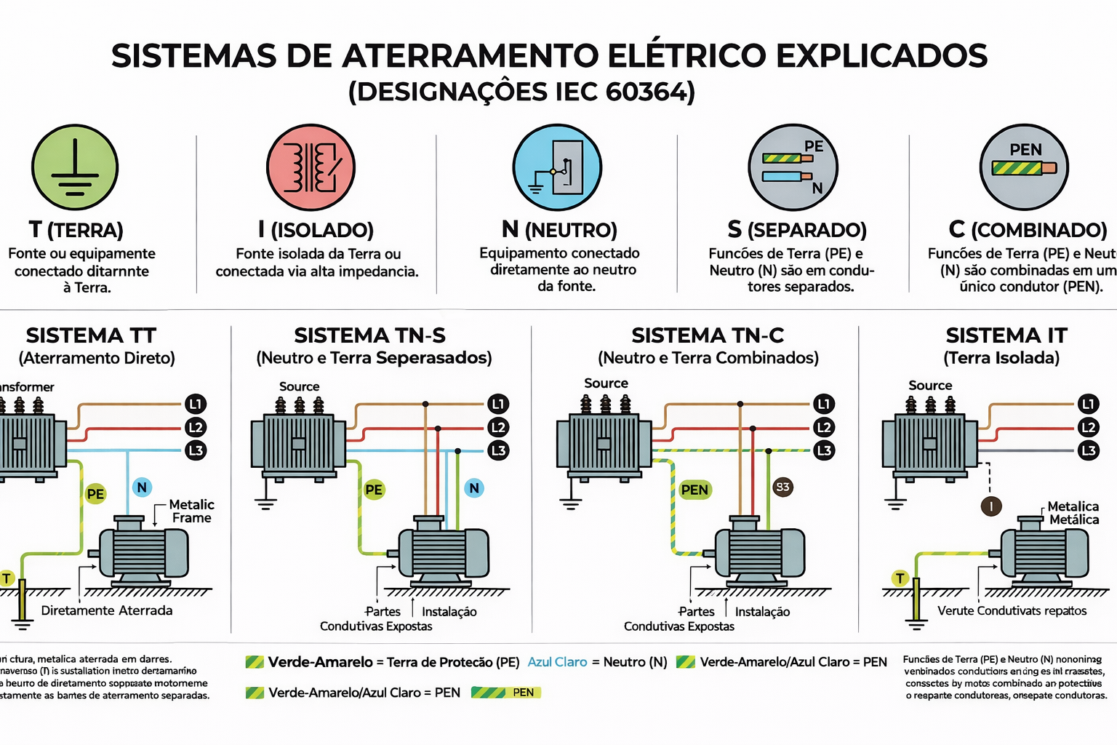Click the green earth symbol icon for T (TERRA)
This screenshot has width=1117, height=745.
[74, 167]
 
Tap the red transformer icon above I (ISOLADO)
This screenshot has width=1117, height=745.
[311, 167]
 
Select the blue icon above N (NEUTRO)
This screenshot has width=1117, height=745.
[557, 167]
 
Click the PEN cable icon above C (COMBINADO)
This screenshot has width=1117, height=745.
[1024, 167]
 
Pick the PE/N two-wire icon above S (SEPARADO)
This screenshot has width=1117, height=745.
[793, 167]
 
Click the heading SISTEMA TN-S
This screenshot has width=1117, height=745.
[369, 335]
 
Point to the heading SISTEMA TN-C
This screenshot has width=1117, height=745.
[708, 335]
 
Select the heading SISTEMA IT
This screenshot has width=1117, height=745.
[1006, 335]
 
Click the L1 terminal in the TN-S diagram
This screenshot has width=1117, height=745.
[498, 404]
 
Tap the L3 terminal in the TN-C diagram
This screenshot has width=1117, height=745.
[824, 450]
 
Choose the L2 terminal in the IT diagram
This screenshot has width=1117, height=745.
[1088, 427]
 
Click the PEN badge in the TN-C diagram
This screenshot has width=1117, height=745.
[694, 490]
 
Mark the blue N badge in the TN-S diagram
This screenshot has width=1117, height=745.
[474, 488]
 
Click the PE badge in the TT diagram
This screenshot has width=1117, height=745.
[95, 494]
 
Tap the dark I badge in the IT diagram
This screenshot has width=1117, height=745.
[991, 506]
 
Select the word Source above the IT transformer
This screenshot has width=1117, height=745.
[930, 386]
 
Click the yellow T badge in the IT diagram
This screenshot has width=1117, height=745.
[900, 578]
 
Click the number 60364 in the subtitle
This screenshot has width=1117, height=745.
[646, 92]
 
